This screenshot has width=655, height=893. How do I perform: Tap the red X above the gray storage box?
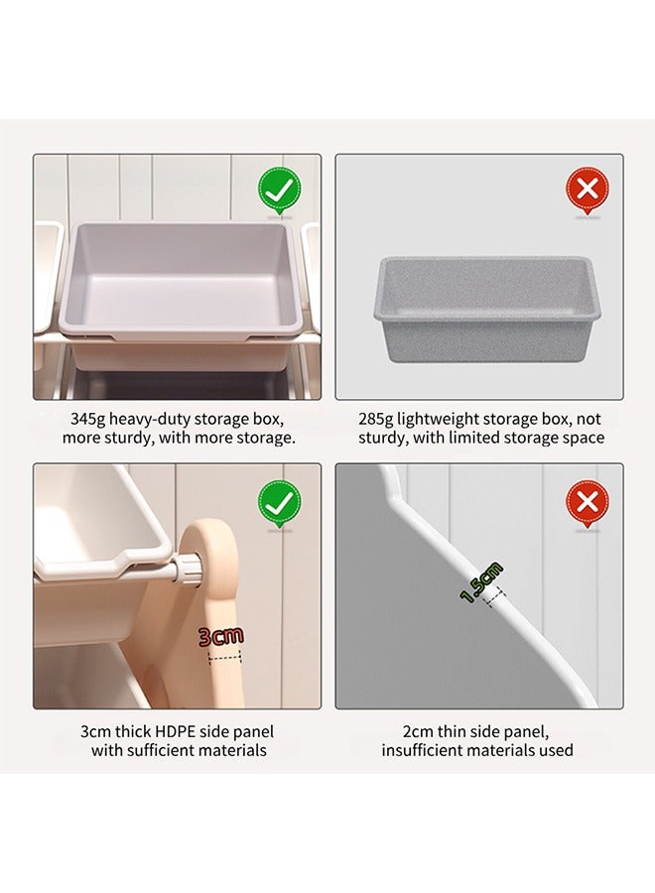coord(588,190)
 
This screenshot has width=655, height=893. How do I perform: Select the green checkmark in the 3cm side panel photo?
coord(280,503)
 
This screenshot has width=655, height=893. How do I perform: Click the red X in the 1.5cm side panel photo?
coord(588,503)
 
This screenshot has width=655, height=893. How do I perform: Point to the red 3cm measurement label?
coord(221,636)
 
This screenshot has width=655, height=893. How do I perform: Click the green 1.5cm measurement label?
coord(482,582)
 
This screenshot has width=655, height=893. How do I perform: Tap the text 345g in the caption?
coord(87,420)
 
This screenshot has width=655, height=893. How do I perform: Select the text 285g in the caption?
coord(375,420)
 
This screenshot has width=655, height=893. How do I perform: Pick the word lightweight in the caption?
coord(438,420)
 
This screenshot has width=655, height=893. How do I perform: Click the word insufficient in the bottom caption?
coord(419,750)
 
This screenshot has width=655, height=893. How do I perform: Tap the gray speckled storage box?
coord(487,310)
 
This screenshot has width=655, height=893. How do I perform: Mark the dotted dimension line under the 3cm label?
coord(225,657)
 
